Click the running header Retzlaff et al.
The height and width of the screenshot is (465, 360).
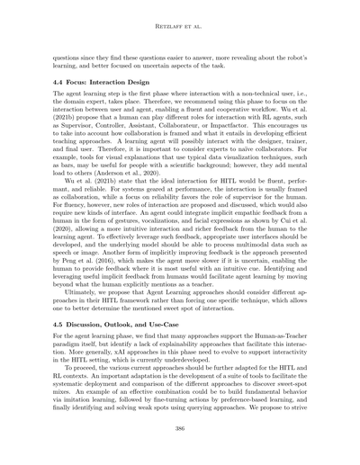point(179,14)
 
